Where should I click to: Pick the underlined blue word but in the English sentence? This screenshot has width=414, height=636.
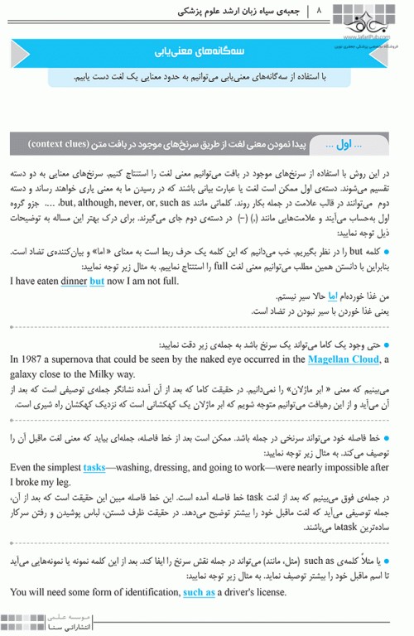point(97,281)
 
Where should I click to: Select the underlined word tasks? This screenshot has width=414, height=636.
point(94,467)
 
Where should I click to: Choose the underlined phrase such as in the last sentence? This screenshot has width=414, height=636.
point(199,592)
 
